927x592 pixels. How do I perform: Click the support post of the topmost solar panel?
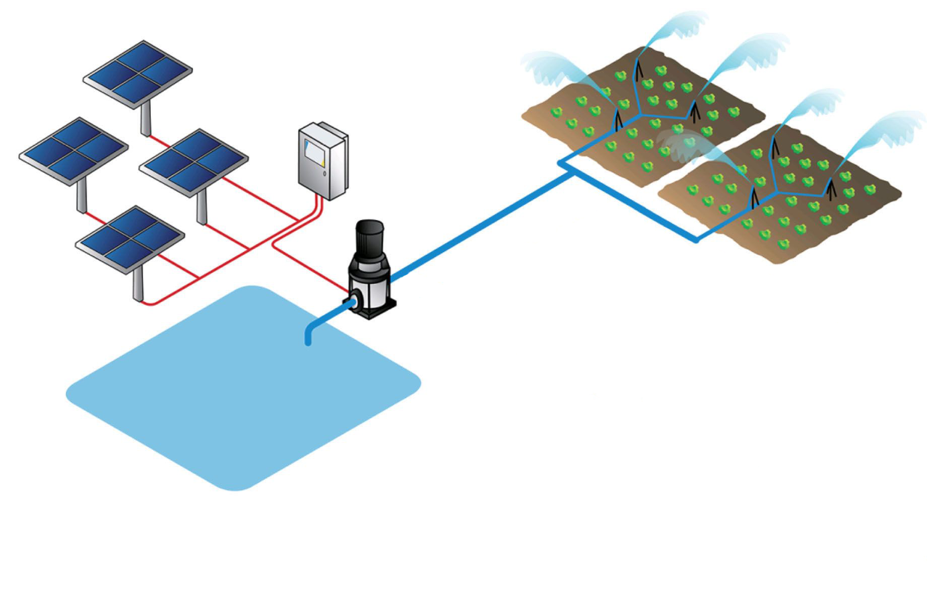click(x=146, y=119)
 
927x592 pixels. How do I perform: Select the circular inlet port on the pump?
click(x=355, y=300)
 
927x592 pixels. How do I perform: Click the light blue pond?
click(x=237, y=398)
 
